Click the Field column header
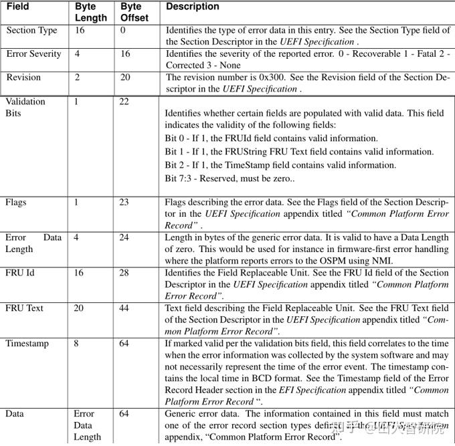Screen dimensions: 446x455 click(17, 7)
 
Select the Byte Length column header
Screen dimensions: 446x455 click(90, 12)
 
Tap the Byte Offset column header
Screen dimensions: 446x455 click(134, 12)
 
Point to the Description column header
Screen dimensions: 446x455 click(193, 7)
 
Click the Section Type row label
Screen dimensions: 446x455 click(31, 31)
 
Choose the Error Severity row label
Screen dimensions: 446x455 click(33, 54)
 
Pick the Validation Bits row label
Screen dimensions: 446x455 click(25, 107)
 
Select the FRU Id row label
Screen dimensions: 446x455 click(20, 272)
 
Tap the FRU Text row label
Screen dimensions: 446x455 click(25, 308)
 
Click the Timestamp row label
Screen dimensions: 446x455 click(27, 344)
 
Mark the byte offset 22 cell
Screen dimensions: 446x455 click(124, 102)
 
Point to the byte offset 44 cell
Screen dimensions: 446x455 click(124, 308)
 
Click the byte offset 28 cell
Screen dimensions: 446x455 click(124, 272)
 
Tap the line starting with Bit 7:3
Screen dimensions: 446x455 click(230, 179)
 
